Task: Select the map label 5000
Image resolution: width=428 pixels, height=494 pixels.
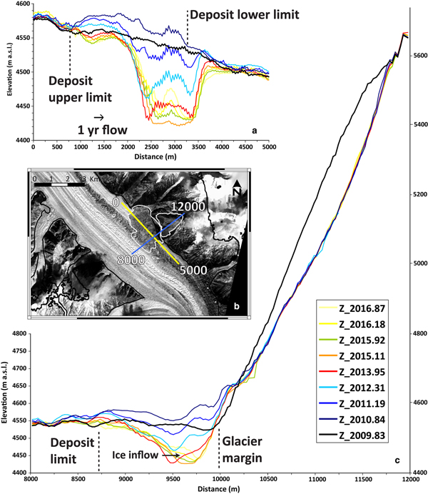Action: click(194, 271)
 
